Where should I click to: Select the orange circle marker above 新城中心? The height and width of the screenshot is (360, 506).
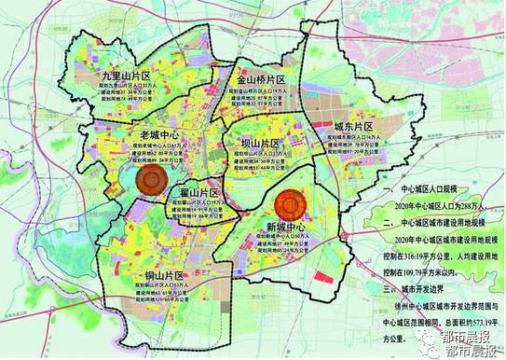click(x=292, y=203)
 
